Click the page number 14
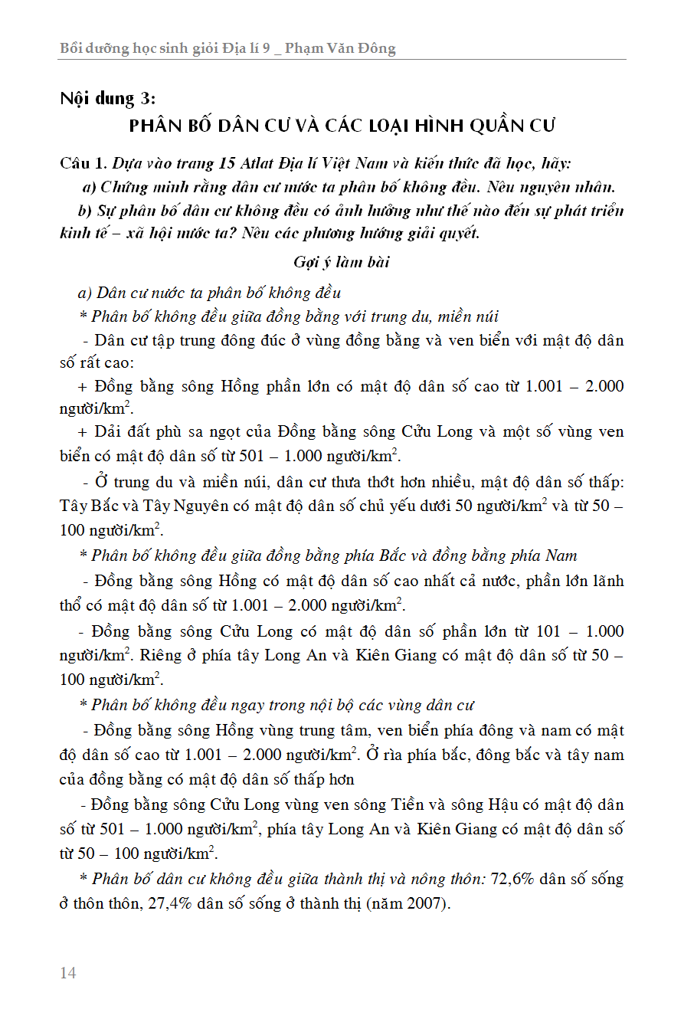coord(68,973)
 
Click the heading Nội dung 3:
coord(108,98)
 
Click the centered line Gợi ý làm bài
coord(342,262)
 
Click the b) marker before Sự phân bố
coord(84,211)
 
